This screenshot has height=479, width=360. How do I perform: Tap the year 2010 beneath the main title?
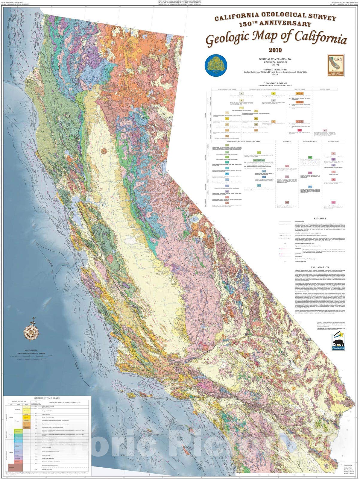tap(275, 50)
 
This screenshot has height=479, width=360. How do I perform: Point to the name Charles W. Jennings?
tap(275, 62)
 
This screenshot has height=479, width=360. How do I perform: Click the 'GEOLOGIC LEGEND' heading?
tap(275, 83)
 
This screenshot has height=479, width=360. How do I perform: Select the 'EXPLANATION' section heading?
tap(320, 267)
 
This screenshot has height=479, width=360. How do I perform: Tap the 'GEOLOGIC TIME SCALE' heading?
tap(47, 398)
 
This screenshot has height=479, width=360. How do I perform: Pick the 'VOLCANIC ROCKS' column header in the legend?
tap(300, 89)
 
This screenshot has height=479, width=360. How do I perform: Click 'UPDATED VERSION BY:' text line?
tap(275, 69)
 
